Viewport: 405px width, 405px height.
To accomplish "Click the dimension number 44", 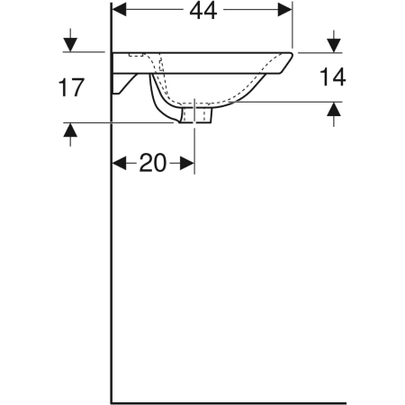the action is coord(203,12).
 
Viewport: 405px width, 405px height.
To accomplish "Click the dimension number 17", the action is coord(71,87).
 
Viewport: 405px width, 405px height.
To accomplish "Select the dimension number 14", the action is coord(333,76).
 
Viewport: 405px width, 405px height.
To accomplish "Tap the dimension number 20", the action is coord(152,163).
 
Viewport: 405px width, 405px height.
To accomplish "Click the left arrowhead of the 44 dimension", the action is coord(120,10).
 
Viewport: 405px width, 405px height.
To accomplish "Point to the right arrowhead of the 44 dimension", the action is coord(284,10).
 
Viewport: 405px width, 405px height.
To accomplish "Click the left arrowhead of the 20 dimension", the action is coord(120,163).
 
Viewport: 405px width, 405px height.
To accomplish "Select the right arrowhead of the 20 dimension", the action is coord(187,163).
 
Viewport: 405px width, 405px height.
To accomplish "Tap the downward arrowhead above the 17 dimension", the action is coord(70,44).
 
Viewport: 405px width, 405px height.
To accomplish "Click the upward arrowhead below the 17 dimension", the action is coord(70,130).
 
